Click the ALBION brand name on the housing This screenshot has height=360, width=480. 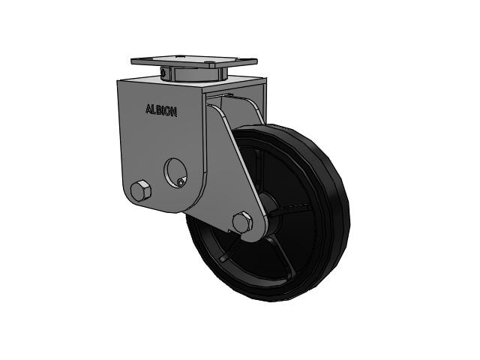(x=161, y=110)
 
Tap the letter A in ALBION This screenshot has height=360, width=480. (x=148, y=109)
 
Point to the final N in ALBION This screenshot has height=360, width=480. (x=173, y=112)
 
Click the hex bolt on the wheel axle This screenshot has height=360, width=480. (x=242, y=222)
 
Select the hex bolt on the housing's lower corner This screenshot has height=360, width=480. (x=140, y=190)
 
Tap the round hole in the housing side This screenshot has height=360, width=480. (x=176, y=172)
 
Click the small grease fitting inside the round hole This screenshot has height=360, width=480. (x=181, y=182)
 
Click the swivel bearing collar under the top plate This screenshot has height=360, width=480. (x=193, y=73)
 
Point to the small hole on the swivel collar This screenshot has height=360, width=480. (x=163, y=73)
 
